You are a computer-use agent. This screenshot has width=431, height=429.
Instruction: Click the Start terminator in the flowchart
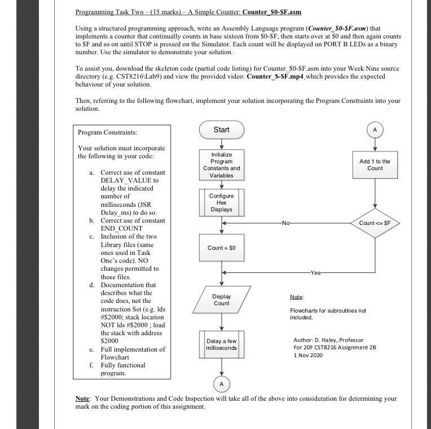[221, 130]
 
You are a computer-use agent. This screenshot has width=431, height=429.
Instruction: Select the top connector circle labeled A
[375, 129]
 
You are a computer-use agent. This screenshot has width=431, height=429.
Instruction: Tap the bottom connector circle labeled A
[221, 384]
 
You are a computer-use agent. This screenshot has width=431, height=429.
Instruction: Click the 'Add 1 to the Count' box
[375, 164]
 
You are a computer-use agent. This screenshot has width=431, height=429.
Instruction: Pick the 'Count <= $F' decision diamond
[375, 223]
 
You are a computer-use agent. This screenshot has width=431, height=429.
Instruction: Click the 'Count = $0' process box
[221, 248]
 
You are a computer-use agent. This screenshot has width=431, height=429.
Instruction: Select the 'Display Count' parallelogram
[221, 300]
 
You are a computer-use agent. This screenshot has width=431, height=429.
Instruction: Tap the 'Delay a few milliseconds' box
[221, 345]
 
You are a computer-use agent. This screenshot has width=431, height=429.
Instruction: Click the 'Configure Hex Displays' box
[221, 202]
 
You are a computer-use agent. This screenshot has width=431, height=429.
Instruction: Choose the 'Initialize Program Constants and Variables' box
[221, 164]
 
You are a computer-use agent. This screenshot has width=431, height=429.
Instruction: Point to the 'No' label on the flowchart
[287, 223]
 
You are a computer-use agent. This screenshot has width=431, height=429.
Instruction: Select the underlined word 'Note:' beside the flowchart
[297, 297]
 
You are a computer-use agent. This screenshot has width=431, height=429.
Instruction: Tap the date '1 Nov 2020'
[308, 354]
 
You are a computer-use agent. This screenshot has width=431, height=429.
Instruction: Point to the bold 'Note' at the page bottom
[82, 399]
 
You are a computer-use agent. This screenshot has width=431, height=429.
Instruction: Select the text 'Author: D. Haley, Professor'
[328, 340]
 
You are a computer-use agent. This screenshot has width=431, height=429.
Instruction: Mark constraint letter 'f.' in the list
[91, 365]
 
